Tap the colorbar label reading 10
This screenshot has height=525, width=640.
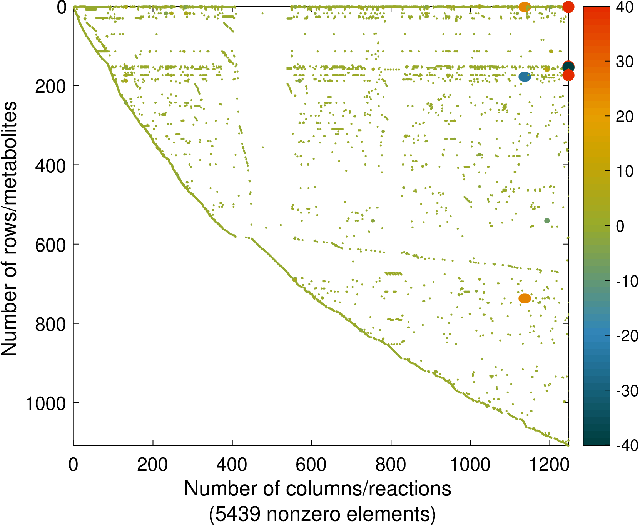coord(625,171)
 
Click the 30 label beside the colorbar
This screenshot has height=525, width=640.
coord(625,62)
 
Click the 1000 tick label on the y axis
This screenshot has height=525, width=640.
coord(46,404)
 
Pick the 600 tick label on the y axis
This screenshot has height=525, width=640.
coord(50,245)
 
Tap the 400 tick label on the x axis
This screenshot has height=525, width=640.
coord(232,465)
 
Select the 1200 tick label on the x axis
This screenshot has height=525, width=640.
coord(550,465)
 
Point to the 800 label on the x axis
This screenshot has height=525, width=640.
coord(391,465)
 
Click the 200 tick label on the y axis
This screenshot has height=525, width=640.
coord(50,86)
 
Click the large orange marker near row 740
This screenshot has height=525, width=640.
coord(525,298)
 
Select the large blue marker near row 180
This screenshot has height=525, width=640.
coord(525,77)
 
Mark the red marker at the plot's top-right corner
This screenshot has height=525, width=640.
coord(568,7)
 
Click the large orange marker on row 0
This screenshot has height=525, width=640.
coord(525,7)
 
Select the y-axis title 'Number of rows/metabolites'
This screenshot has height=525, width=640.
coord(9,228)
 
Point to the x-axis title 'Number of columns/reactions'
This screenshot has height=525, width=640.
coord(318,489)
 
